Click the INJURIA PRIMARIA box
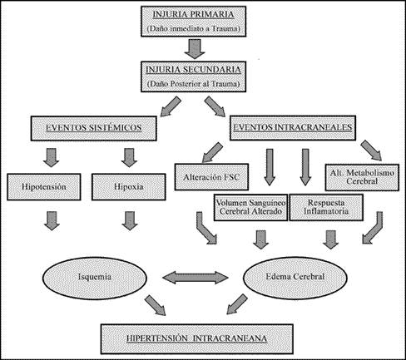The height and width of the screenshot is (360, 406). point(193,22)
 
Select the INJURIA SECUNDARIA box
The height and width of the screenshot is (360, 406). point(193,76)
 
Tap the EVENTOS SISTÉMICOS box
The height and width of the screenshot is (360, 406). point(94,128)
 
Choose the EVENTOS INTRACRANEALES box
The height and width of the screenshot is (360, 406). point(293,127)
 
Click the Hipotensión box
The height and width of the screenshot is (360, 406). point(44,187)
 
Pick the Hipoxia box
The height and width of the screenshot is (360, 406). point(129,187)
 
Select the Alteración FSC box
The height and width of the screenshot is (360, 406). point(211,177)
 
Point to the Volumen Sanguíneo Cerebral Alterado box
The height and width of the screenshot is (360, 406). point(250,207)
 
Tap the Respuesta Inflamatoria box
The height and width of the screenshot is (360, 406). point(326,207)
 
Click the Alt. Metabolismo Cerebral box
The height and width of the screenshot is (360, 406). point(362,177)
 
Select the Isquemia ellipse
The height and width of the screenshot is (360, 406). point(95,278)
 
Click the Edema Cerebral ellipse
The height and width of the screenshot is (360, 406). point(295,278)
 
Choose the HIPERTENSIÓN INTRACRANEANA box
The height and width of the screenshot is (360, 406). point(197,339)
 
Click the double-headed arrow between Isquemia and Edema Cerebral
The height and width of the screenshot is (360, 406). point(196,278)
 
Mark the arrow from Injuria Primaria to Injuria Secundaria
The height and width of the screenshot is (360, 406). point(195,49)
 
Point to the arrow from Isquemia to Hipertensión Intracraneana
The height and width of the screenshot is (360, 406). point(156,305)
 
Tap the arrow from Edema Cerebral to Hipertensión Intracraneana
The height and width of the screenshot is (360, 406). point(237,304)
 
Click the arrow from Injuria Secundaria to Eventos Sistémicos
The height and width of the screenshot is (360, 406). point(171,106)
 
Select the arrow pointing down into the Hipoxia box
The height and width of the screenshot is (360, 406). point(129,158)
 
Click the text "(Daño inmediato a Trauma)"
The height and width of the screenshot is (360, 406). point(193,28)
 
